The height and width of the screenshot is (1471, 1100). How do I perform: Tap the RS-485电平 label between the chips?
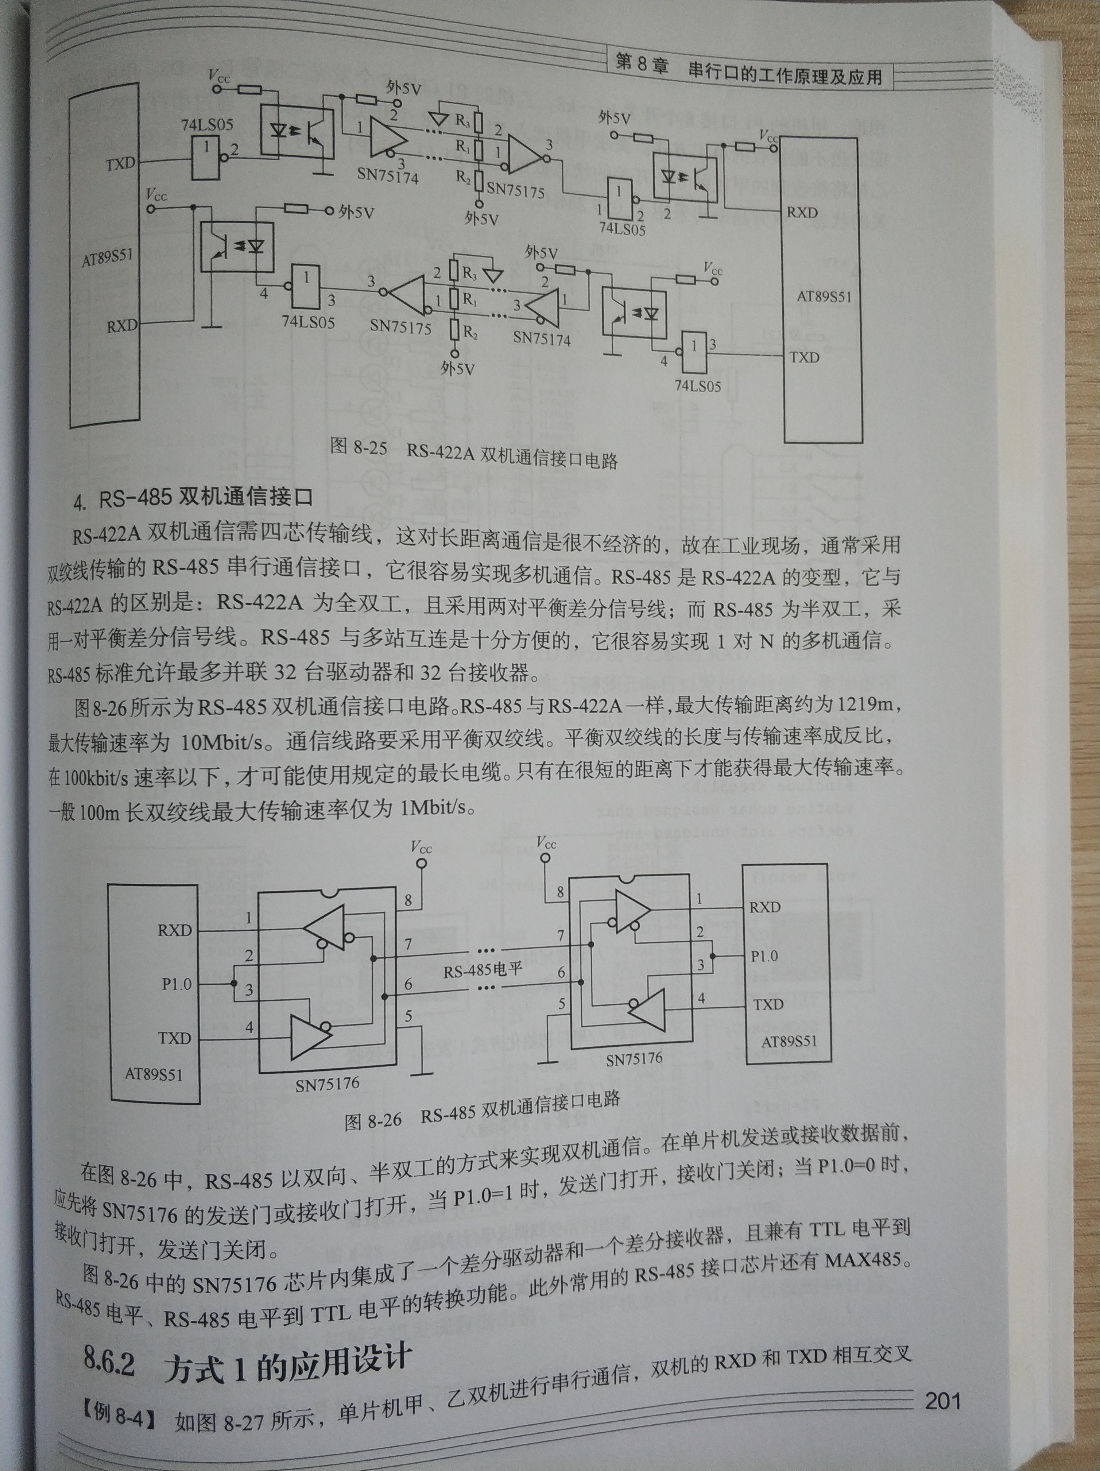[x=483, y=969]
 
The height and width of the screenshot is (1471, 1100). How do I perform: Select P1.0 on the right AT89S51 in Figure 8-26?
[x=764, y=955]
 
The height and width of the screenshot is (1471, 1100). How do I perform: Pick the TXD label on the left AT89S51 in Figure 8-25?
[x=120, y=163]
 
